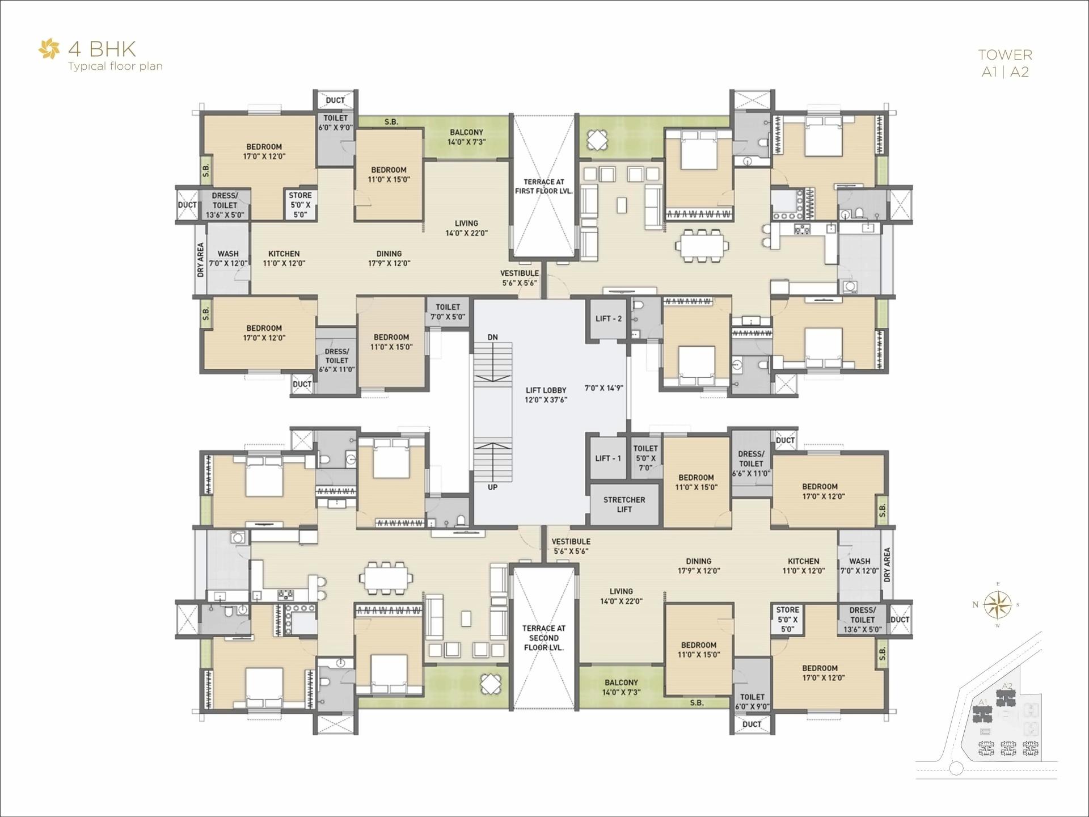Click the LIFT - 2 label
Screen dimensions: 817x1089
[x=608, y=319]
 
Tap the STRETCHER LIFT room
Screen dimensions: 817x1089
[x=624, y=504]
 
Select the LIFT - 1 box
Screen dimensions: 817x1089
[x=608, y=458]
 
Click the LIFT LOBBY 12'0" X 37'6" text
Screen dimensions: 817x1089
[x=546, y=395]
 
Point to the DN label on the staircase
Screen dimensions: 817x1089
[x=492, y=337]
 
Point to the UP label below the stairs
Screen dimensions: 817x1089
[x=492, y=487]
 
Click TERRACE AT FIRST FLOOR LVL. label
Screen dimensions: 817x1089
[x=543, y=187]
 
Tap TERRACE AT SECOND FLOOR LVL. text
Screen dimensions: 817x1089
[x=543, y=638]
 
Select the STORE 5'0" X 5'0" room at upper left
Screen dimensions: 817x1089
[x=300, y=205]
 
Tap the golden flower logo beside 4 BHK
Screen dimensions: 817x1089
[x=49, y=49]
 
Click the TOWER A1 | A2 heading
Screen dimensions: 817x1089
[x=1004, y=63]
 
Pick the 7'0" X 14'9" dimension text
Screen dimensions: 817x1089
[x=603, y=388]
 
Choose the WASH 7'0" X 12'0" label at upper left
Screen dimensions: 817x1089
[x=228, y=259]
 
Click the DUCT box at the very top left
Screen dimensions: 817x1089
[x=335, y=100]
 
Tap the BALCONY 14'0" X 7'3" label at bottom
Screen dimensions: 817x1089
[x=621, y=687]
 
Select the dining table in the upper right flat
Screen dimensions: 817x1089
[x=702, y=246]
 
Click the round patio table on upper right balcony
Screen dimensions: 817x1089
[x=597, y=140]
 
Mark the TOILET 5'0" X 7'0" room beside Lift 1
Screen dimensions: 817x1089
[x=645, y=458]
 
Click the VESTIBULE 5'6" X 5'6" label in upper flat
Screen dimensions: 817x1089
[x=520, y=278]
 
